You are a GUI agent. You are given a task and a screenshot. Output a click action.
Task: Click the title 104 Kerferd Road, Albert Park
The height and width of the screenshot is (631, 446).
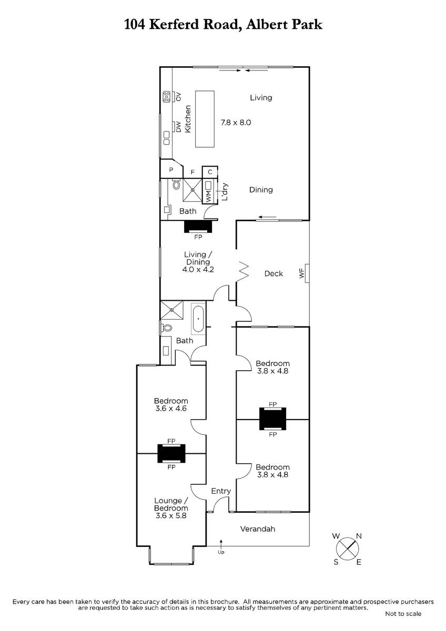223,25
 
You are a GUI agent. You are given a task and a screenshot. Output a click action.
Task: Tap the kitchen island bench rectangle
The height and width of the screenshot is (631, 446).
205,119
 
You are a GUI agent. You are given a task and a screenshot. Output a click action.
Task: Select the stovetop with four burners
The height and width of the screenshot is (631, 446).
166,97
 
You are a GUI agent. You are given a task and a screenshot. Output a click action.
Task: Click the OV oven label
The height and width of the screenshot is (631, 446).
178,97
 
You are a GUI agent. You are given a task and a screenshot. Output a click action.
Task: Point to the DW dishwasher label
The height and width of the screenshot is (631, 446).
178,127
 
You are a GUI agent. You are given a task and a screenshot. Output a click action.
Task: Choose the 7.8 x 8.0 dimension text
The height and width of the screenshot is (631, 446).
236,123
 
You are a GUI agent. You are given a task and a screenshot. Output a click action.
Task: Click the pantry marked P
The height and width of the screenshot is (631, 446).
171,170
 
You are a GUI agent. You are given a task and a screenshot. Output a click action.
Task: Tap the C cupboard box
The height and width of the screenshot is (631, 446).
210,172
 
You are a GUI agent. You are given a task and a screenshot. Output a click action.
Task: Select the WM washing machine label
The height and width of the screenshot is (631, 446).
208,196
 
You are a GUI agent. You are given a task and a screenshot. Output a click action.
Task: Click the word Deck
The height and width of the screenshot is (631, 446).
273,273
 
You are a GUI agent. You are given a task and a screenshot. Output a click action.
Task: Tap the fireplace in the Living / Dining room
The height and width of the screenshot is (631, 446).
198,226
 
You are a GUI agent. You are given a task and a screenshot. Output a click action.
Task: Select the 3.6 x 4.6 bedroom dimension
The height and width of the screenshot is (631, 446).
171,409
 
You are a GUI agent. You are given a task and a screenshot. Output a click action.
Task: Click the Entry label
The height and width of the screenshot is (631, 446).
221,491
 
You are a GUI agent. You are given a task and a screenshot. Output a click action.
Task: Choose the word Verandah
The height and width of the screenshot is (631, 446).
258,529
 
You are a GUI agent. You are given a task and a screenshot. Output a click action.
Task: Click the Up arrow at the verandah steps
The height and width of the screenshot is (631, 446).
221,544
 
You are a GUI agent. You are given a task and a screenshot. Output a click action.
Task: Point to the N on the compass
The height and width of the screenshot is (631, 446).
359,536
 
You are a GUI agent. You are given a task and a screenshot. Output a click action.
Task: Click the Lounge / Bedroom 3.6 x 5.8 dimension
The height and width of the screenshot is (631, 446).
171,515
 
